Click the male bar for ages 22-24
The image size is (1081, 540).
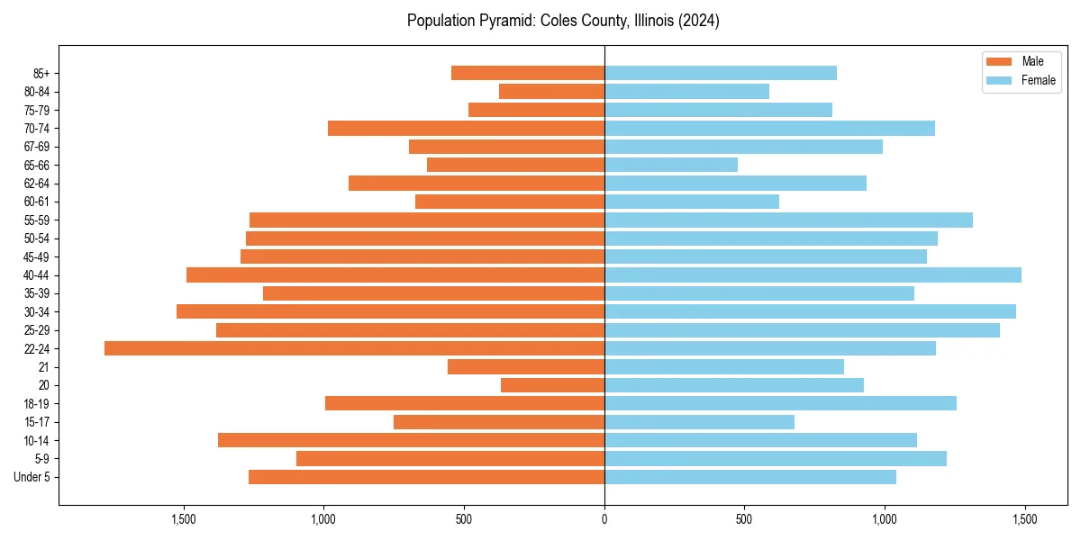pos(354,348)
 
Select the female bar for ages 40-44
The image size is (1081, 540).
pos(813,274)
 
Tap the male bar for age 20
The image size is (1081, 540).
pos(552,385)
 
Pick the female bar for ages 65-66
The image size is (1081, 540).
pos(671,165)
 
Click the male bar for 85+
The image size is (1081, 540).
pos(528,73)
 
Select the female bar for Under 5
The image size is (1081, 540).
pos(750,477)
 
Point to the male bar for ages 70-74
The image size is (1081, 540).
pos(466,128)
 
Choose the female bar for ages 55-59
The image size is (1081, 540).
pos(788,220)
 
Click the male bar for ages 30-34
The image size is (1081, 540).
pos(390,311)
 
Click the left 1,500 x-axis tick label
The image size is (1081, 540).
pos(184,519)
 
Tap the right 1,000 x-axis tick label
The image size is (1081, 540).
pos(885,519)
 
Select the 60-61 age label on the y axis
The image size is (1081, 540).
pos(36,202)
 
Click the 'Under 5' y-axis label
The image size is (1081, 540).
pos(32,477)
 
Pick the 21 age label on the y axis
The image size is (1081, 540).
pos(44,367)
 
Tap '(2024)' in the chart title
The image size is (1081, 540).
pos(697,21)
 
